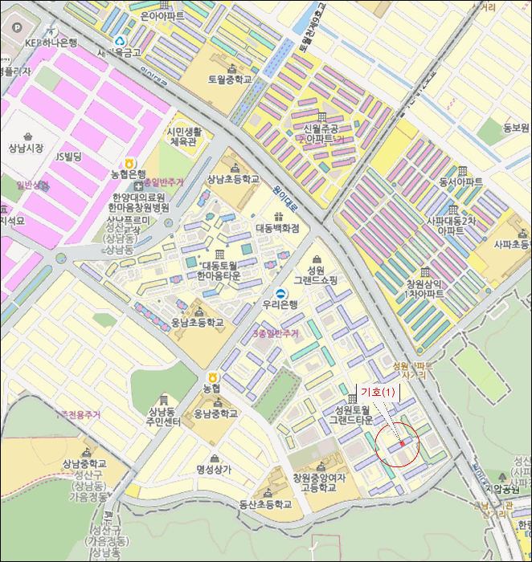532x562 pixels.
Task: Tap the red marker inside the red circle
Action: point(402,443)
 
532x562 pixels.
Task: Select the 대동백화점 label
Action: point(277,228)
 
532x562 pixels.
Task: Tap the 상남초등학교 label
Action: point(233,179)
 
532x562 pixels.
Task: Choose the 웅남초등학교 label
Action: point(198,322)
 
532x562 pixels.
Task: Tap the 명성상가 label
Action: point(213,469)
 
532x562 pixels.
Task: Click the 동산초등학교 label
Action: point(267,504)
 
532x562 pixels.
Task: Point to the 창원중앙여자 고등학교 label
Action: point(319,483)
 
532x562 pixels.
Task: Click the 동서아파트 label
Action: point(461,182)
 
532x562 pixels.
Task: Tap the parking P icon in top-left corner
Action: point(12,26)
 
